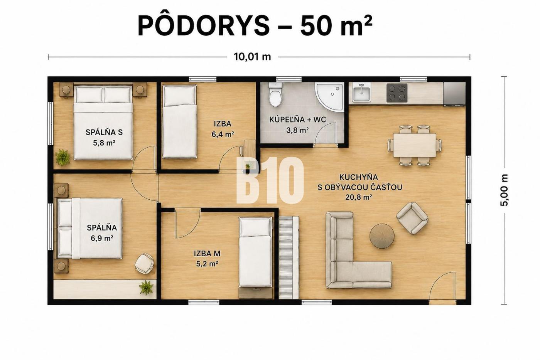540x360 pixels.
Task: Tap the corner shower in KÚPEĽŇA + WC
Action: coord(329,97)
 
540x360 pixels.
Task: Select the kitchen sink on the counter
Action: coord(361,93)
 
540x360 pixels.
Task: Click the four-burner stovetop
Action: coord(397,93)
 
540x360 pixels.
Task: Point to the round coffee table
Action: coord(382,236)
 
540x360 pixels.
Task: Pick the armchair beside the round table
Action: coord(412,218)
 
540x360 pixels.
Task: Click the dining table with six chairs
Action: coord(415,145)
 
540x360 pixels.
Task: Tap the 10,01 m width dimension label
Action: coord(252,57)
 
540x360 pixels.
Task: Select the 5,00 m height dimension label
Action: coord(505,190)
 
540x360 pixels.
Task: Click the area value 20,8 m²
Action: coord(358,197)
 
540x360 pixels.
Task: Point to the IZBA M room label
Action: coord(207,254)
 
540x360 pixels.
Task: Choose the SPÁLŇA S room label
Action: coord(104,132)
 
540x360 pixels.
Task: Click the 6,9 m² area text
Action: coord(102,238)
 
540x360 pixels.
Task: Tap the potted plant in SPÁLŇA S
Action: coord(62,157)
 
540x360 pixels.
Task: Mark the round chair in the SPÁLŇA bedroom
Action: coord(144,263)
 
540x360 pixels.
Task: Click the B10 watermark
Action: coord(270,180)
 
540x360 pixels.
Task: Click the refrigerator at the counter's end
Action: coord(454,94)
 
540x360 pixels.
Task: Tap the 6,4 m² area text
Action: coord(223,135)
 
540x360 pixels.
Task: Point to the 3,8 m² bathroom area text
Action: coord(297,130)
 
